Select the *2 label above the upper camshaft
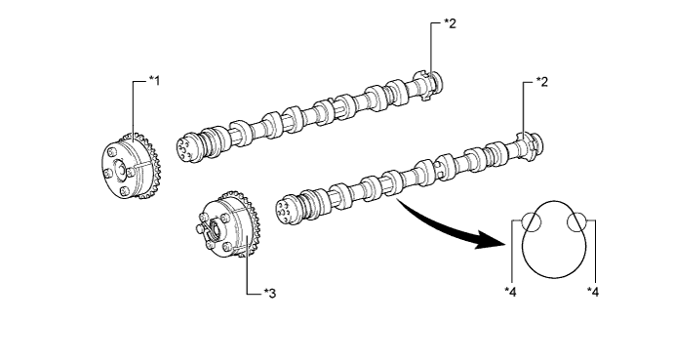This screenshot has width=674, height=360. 449,23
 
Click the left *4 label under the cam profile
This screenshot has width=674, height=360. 509,290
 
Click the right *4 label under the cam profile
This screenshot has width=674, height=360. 592,290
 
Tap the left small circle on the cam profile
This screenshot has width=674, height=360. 532,222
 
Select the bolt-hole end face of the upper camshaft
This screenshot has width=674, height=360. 184,146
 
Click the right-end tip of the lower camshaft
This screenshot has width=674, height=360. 538,144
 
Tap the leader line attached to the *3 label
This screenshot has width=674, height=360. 248,273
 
